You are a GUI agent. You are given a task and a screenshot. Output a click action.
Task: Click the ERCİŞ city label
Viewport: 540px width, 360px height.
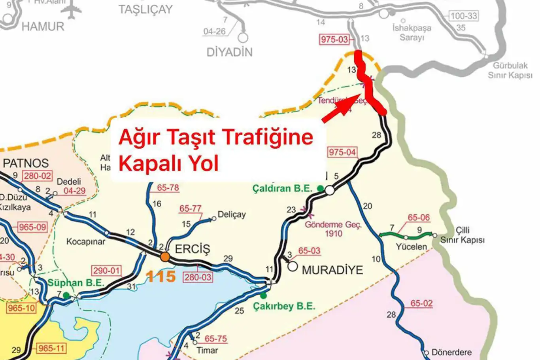[x=193, y=249]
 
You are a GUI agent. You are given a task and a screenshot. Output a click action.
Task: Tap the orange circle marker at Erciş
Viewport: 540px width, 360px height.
[x=165, y=258]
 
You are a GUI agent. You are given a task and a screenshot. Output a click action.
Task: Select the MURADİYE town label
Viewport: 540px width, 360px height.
[x=332, y=270]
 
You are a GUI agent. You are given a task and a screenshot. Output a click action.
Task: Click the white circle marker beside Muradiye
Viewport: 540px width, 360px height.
[x=293, y=266]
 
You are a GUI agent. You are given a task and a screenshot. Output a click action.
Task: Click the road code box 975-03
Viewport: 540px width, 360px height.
[x=334, y=39]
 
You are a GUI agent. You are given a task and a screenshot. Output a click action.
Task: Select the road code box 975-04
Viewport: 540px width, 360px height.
[x=342, y=152]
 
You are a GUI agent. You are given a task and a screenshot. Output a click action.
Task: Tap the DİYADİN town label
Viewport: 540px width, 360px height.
[x=229, y=52]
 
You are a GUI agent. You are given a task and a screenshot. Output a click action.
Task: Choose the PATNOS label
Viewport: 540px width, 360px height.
[x=26, y=163]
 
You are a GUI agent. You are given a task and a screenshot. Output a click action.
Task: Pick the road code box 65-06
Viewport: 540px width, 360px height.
[x=419, y=218]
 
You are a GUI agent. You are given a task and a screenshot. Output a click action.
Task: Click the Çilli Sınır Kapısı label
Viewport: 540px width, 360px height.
[x=463, y=235]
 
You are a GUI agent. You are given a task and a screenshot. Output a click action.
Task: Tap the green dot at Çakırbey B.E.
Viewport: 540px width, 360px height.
[x=264, y=296]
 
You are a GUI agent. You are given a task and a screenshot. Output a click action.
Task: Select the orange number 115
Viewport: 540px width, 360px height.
[x=161, y=276]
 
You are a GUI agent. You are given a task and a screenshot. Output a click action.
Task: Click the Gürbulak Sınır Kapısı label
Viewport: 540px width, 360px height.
[x=510, y=70]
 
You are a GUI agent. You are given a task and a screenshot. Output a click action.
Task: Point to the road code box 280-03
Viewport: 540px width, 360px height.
[x=198, y=277]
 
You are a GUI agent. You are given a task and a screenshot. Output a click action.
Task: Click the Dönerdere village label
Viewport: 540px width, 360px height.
[x=452, y=352]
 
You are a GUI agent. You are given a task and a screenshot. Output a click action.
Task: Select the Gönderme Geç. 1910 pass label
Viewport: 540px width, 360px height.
[x=333, y=229]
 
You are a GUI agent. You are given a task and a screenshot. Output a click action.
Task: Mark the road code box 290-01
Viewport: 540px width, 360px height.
[x=106, y=271]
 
